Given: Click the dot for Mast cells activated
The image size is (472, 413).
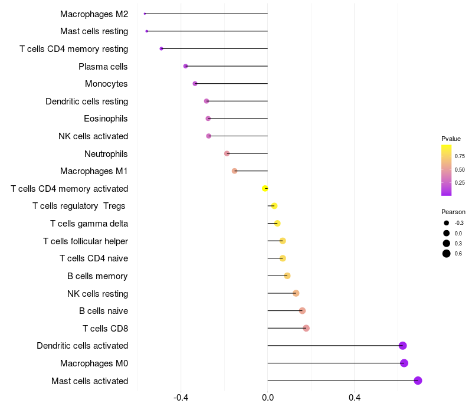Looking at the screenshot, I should tap(418, 381).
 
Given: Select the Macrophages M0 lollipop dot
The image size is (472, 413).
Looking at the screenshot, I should tap(404, 363).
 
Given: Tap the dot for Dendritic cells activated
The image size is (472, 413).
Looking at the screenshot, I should tap(402, 346).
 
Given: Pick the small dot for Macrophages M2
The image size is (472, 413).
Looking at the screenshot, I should tap(145, 14).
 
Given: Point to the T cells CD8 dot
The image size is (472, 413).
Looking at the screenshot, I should tap(306, 328).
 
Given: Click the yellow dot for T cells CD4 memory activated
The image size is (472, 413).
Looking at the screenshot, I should tap(265, 188).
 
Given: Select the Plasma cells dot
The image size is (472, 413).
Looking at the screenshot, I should tap(186, 66).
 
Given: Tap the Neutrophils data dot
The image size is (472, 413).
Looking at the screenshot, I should tap(227, 153).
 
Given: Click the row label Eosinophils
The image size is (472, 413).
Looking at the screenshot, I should tap(106, 119).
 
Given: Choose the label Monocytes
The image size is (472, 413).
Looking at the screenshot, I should tap(106, 84).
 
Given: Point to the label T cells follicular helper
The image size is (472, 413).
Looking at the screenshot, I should tap(86, 241).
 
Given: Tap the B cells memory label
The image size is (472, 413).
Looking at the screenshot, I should tap(97, 276).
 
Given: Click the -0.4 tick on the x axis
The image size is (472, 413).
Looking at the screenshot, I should tap(181, 398).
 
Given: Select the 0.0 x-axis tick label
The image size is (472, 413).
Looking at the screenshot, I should tap(268, 398).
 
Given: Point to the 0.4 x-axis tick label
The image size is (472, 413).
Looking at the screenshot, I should tap(355, 398).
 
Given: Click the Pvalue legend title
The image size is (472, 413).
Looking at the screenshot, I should tap(451, 139).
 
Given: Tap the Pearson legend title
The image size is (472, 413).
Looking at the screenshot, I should tap(453, 212).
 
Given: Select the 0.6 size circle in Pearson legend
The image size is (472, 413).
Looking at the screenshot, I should tap(447, 254).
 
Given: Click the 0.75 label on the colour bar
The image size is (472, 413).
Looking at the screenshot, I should tap(460, 156).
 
